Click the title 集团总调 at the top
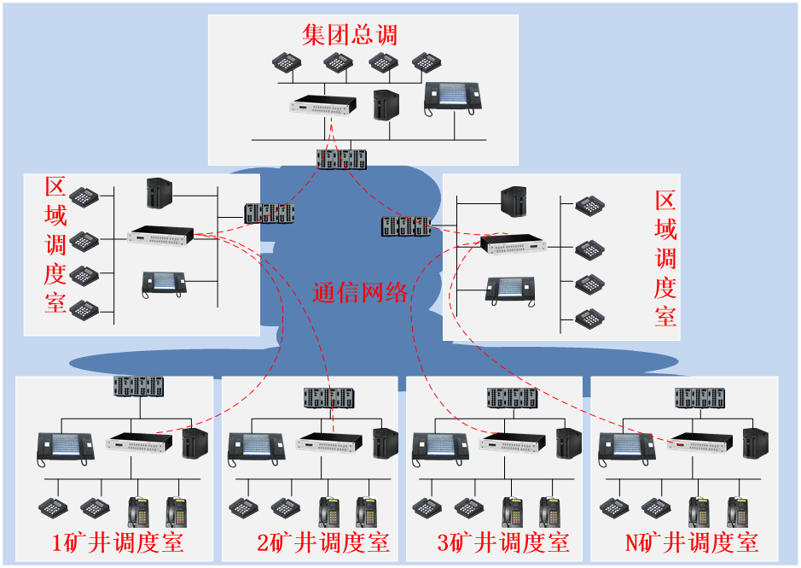pos(350,35)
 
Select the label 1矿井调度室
pos(118,542)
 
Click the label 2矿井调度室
pos(323,542)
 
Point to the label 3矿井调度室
pos(503,542)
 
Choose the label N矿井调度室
pos(692,542)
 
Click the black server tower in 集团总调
pos(386,104)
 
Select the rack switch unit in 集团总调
pos(323,107)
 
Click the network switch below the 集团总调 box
pos(341,159)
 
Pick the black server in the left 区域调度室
pos(159,192)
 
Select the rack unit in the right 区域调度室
pos(513,244)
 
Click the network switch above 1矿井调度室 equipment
pos(138,386)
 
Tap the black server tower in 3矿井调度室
pos(568,442)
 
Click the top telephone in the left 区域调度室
pos(84,196)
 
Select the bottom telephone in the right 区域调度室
pos(589,319)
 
